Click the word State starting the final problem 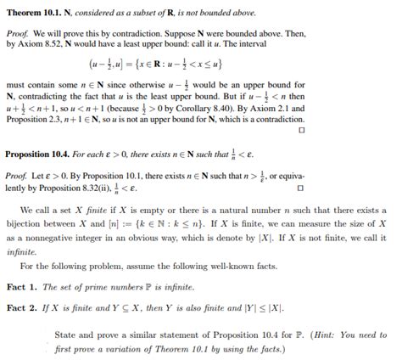65,333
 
